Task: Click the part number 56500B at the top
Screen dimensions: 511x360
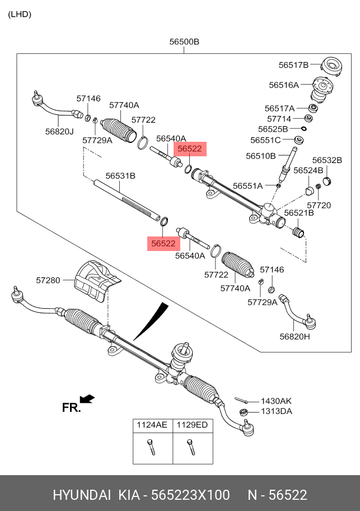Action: point(185,41)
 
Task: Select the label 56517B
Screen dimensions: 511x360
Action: point(293,65)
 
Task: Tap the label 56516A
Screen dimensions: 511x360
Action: point(284,85)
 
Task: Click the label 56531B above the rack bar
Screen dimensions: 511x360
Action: point(120,175)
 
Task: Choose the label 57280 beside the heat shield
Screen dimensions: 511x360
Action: point(48,280)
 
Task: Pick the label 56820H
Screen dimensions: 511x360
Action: point(295,336)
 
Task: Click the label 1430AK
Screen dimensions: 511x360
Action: point(276,401)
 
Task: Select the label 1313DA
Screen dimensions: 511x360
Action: point(276,411)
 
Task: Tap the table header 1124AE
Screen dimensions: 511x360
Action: point(152,425)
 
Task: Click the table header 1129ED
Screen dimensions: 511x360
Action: point(192,425)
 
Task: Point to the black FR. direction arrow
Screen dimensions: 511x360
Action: point(87,398)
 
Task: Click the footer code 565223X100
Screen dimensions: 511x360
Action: point(190,495)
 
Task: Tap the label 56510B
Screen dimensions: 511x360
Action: point(261,156)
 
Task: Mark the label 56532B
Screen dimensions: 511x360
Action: point(327,160)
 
